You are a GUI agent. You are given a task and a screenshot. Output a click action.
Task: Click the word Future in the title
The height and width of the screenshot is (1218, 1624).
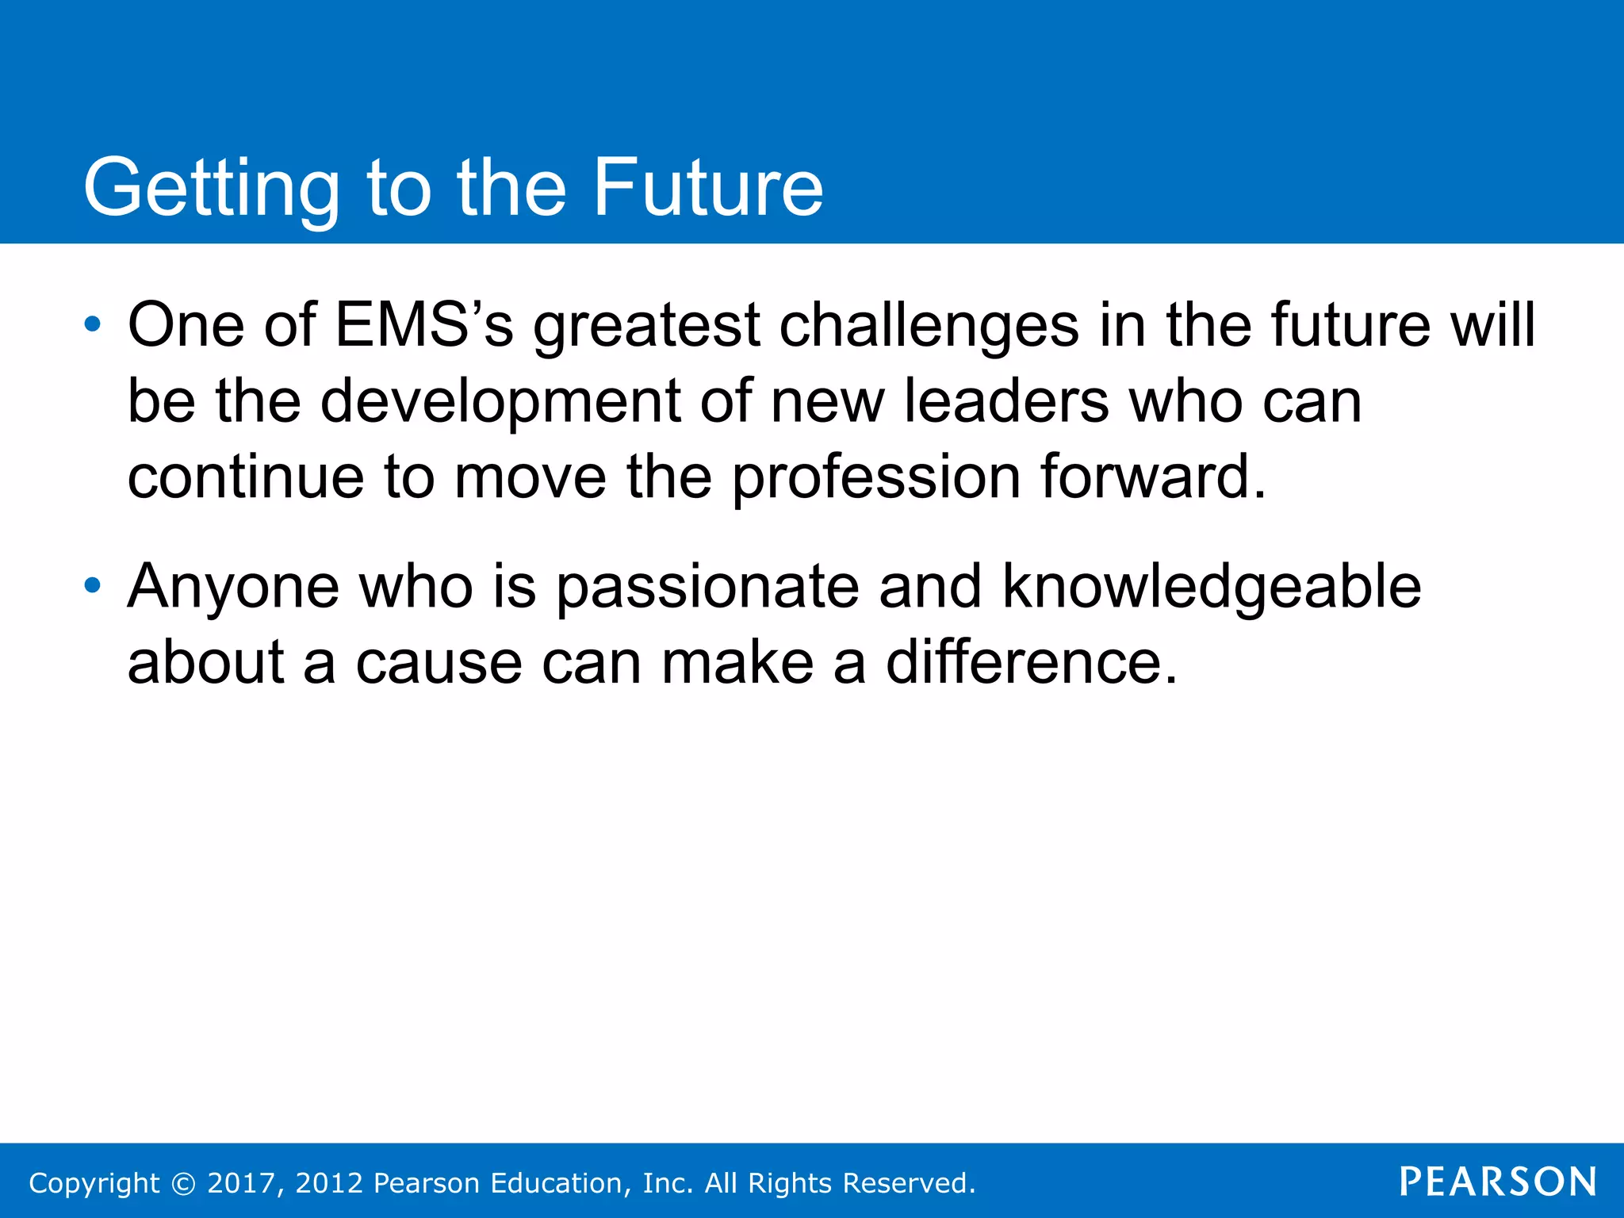tap(708, 187)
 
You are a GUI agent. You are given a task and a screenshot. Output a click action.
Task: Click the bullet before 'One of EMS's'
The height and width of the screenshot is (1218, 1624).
tap(93, 324)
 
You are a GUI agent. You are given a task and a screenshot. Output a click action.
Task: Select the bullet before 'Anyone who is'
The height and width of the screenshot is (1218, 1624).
tap(93, 586)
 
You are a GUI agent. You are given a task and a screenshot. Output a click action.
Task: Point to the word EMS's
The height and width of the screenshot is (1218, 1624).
tap(424, 324)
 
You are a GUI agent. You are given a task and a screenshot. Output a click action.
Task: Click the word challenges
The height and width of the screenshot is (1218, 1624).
tap(929, 326)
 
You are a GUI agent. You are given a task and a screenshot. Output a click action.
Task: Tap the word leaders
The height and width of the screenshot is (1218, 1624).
tap(1006, 400)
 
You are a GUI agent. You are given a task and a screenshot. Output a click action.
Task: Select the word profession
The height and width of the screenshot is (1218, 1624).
tap(876, 477)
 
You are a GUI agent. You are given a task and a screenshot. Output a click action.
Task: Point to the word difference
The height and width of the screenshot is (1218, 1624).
tap(1031, 662)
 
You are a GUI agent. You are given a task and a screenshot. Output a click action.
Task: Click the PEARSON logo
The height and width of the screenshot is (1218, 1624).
tap(1497, 1182)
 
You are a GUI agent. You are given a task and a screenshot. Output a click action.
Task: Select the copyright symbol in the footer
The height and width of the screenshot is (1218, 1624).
tap(184, 1183)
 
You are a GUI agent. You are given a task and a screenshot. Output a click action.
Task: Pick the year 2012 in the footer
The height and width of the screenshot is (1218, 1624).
tap(330, 1183)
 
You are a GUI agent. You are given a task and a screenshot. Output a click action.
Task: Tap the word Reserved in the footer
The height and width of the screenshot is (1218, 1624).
tap(908, 1183)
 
